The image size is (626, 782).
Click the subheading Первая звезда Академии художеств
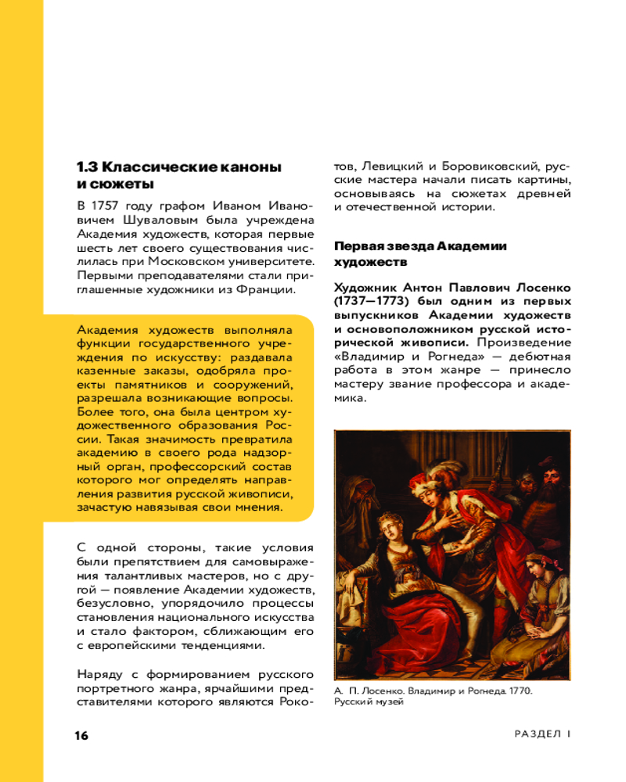tap(420, 253)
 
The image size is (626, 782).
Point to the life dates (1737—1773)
tap(372, 301)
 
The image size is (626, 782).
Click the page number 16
tap(82, 736)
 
